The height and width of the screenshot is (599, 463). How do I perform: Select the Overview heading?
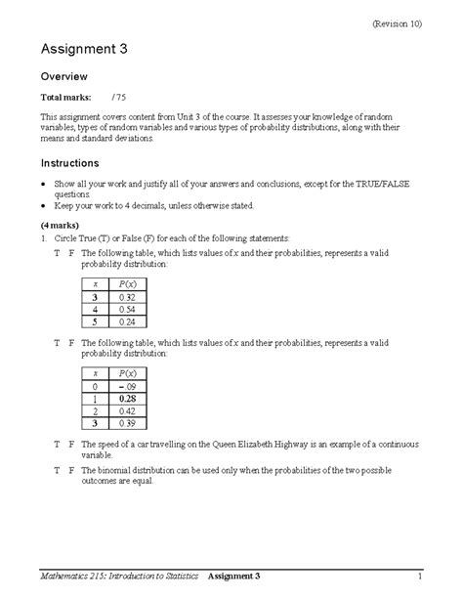click(x=64, y=76)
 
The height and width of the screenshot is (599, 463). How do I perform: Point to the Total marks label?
click(x=64, y=99)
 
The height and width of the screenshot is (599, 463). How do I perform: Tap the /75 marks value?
click(x=120, y=99)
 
